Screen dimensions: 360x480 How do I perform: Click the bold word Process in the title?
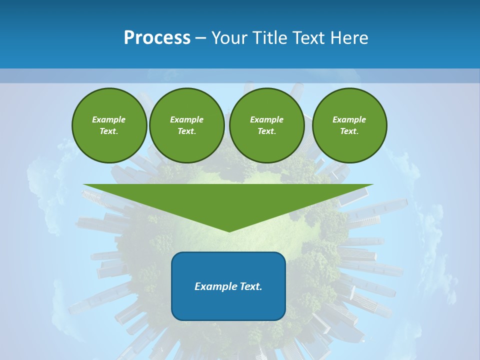click(x=157, y=38)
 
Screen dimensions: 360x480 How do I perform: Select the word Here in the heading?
click(x=350, y=38)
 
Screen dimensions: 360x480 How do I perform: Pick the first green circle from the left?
click(x=109, y=125)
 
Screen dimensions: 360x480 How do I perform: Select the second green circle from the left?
click(x=187, y=125)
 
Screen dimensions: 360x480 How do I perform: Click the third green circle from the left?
click(x=267, y=125)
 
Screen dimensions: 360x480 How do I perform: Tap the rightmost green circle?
click(x=349, y=125)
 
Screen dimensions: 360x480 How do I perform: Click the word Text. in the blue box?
click(x=251, y=286)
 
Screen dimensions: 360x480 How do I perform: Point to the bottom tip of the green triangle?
click(x=229, y=231)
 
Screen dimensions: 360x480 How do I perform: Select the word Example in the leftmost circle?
click(x=109, y=119)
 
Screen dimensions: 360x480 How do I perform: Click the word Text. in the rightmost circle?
click(x=349, y=131)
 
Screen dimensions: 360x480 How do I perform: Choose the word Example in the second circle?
click(x=187, y=119)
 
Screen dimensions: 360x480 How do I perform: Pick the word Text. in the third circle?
click(x=267, y=131)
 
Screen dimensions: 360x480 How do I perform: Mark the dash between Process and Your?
click(x=200, y=38)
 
